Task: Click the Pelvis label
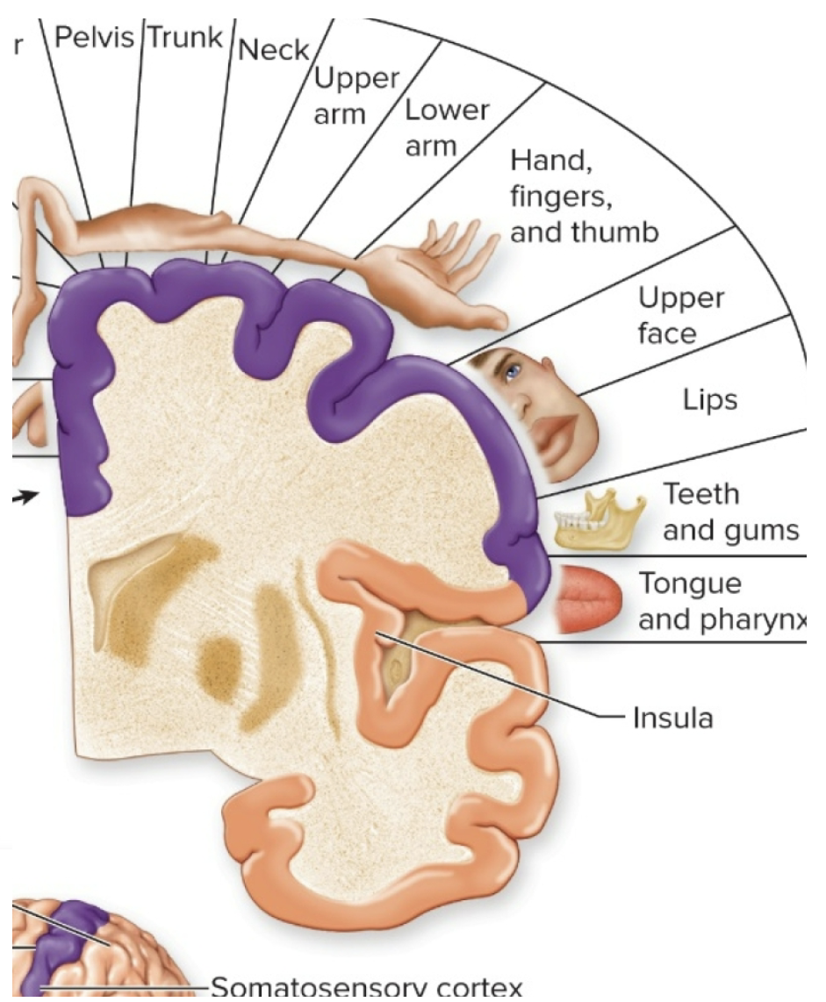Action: pyautogui.click(x=96, y=39)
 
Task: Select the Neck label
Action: pyautogui.click(x=274, y=50)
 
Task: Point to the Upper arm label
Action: pyautogui.click(x=355, y=96)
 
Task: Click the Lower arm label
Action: pyautogui.click(x=446, y=127)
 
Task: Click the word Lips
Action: pyautogui.click(x=711, y=399)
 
